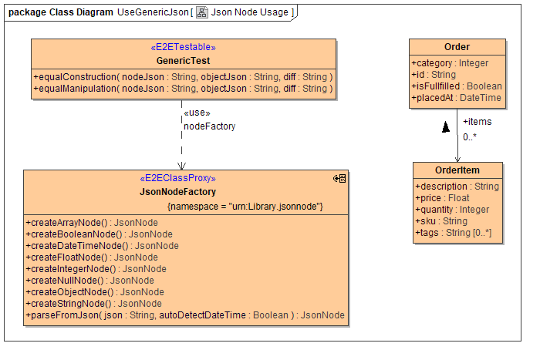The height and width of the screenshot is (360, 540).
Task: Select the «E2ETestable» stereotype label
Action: [184, 48]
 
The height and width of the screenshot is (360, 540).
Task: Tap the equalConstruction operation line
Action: [184, 77]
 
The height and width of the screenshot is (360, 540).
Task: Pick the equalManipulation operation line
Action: [184, 89]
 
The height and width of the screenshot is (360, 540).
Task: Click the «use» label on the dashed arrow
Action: [197, 114]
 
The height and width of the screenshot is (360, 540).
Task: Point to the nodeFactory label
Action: [209, 126]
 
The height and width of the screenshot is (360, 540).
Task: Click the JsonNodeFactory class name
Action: [177, 191]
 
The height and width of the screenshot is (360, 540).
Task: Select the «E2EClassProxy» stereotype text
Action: [177, 179]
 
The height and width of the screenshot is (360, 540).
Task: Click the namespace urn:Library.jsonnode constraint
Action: [245, 207]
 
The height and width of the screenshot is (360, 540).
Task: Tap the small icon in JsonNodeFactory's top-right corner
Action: [339, 178]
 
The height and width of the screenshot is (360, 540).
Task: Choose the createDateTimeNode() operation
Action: [102, 246]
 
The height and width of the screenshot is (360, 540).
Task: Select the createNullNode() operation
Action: [89, 281]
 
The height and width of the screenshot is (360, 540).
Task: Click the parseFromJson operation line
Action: [185, 315]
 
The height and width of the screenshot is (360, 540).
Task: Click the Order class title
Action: [457, 47]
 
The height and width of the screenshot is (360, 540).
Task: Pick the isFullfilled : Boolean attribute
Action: [456, 86]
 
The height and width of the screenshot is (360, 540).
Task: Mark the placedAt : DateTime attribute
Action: [456, 98]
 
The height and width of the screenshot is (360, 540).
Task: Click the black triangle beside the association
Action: [445, 127]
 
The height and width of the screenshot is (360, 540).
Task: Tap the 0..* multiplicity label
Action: [471, 137]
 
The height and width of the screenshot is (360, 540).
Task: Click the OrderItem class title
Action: [457, 171]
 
